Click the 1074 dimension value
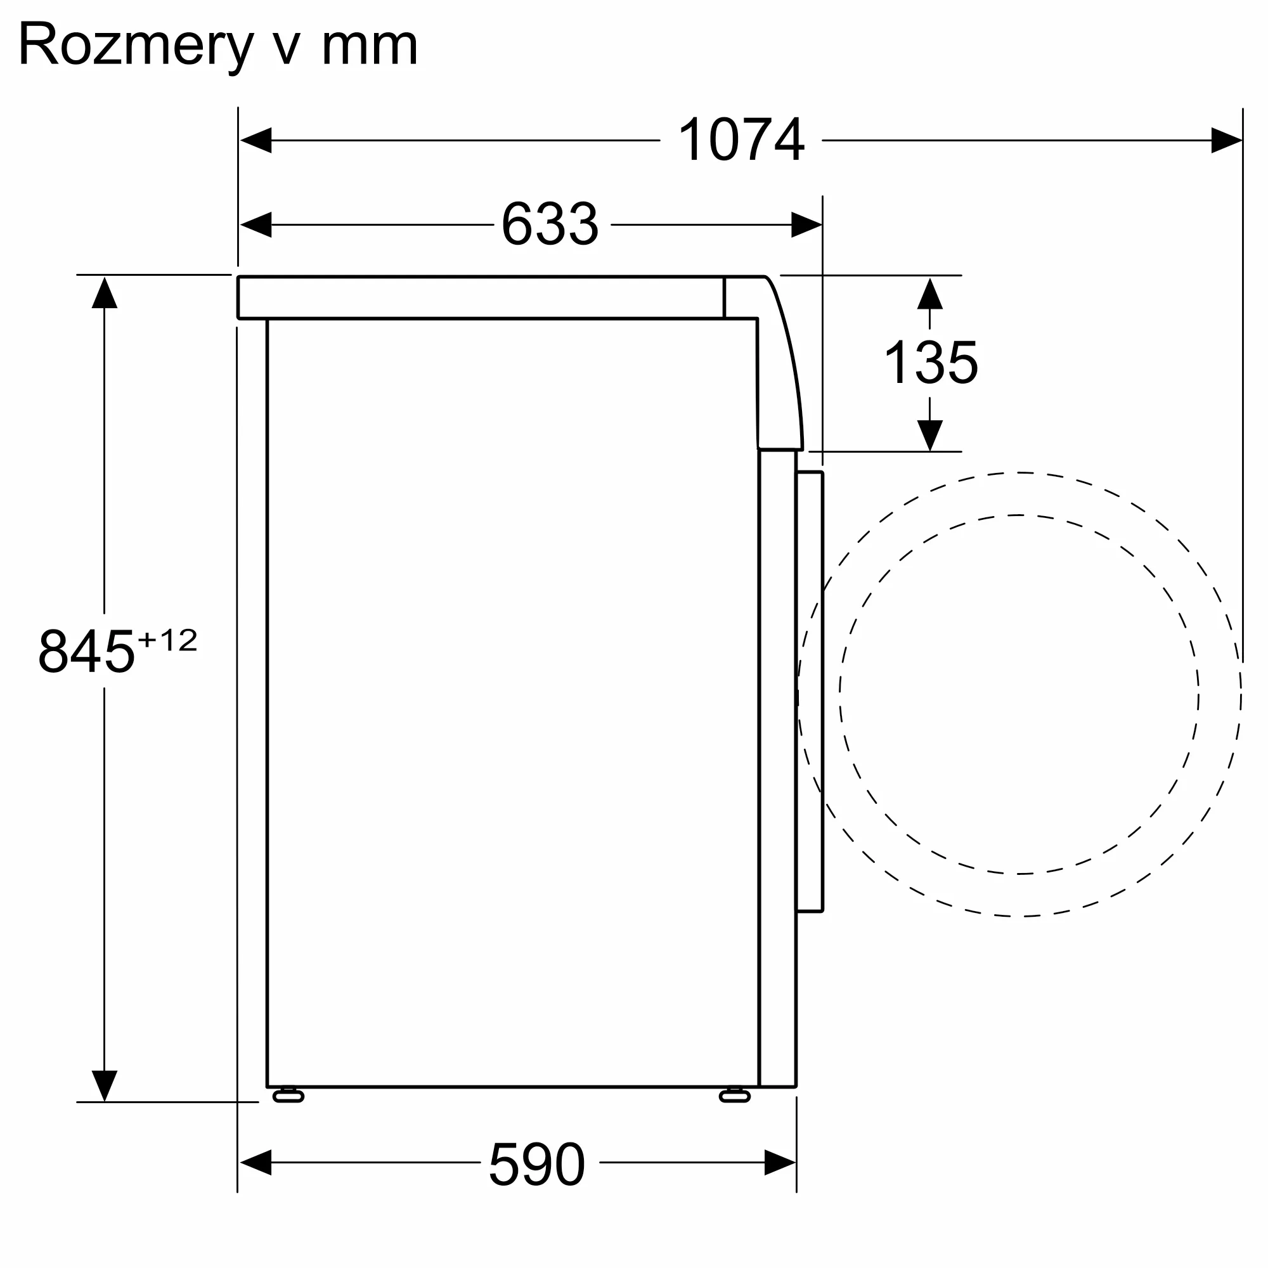741,139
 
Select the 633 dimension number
550,224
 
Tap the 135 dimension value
931,361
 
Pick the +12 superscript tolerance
167,640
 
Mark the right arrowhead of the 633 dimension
806,224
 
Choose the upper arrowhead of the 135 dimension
930,294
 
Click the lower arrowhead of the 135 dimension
930,436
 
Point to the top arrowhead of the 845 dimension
105,293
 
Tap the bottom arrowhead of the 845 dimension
105,1085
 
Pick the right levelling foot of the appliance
734,1096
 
